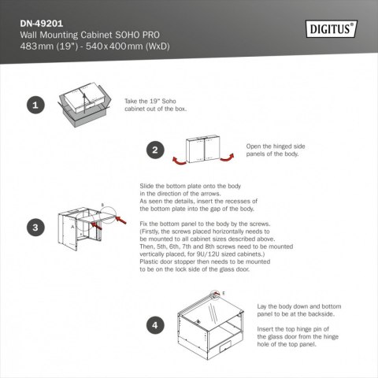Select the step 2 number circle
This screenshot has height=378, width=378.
click(156, 150)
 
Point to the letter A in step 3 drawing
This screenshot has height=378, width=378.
click(75, 224)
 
